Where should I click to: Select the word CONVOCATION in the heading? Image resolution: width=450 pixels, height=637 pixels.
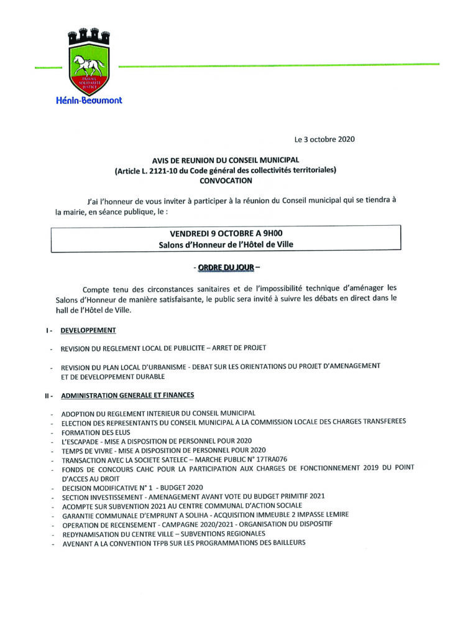pos(226,180)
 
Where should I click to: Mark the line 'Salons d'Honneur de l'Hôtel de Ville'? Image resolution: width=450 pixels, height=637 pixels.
pos(226,245)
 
